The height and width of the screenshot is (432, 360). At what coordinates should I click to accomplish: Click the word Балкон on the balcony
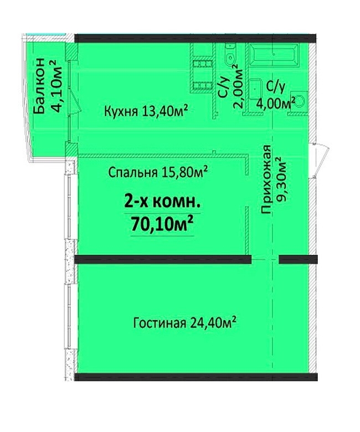click(x=39, y=86)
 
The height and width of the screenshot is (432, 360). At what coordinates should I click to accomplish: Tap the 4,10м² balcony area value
click(x=56, y=86)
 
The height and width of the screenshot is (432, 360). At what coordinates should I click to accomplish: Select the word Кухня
click(x=121, y=111)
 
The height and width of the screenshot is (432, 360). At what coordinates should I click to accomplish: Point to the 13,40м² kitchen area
click(x=165, y=111)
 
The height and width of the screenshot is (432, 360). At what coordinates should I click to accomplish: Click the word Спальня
click(x=133, y=173)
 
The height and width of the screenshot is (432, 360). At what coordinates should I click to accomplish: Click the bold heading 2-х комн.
click(x=162, y=203)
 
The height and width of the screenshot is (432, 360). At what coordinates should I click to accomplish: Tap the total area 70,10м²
click(x=162, y=224)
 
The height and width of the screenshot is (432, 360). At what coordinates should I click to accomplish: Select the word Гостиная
click(x=160, y=323)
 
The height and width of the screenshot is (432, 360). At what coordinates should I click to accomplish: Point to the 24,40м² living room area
click(x=213, y=322)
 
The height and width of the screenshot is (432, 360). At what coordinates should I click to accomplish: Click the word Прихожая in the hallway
click(x=266, y=179)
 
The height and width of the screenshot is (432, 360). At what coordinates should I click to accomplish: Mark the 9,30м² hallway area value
click(x=282, y=179)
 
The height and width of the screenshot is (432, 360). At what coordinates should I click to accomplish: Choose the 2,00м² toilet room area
click(x=239, y=86)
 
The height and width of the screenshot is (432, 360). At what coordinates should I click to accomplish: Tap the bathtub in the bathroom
click(x=274, y=55)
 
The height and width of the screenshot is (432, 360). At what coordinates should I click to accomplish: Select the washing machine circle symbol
click(x=300, y=101)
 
